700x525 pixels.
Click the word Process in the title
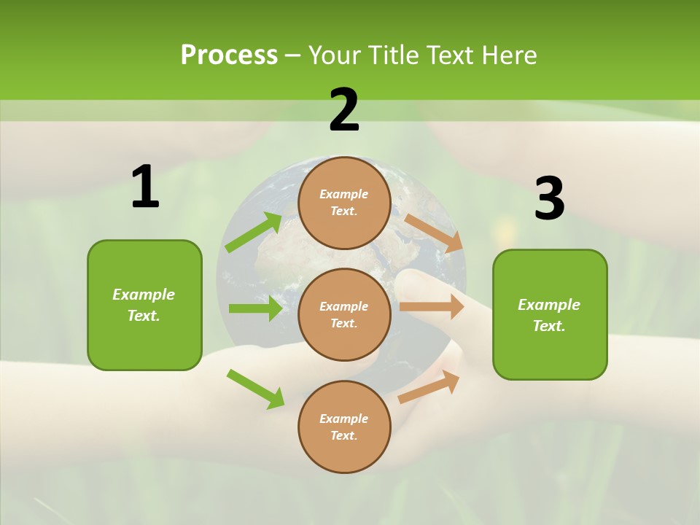coord(229,55)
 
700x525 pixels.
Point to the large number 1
coord(145,187)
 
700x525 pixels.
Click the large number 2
coord(344,110)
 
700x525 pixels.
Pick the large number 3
coord(549,199)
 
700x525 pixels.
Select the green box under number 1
coord(144,305)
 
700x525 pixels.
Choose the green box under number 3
coord(550,315)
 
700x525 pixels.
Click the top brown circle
coord(344,203)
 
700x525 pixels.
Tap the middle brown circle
coord(344,314)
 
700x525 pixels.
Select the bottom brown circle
coord(344,427)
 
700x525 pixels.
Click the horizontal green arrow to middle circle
coord(255,308)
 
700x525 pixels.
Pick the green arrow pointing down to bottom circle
coord(255,389)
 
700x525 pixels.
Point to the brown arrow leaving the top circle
coord(433,233)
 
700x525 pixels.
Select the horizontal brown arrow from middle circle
coord(432,307)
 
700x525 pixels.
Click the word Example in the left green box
coord(144,295)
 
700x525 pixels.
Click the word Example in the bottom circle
coord(343,419)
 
